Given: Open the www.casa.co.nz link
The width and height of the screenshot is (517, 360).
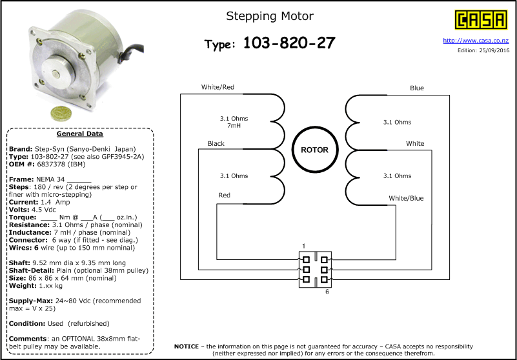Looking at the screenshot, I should click(476, 41).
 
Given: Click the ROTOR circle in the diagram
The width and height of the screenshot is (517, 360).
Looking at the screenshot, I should click(314, 150).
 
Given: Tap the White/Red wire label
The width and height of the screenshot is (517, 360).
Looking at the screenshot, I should click(218, 87).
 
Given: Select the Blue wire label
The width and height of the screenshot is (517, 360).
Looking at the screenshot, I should click(417, 88).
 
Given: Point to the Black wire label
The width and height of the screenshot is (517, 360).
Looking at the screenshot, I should click(216, 143).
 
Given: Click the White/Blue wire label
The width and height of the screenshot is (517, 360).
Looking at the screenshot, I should click(406, 198).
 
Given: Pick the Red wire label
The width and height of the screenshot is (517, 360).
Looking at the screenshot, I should click(224, 195).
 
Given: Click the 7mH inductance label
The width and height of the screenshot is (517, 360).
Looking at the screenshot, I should click(234, 126).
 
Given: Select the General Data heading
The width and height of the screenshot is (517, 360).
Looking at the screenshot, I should click(79, 134).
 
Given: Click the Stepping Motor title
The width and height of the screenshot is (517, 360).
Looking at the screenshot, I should click(270, 16).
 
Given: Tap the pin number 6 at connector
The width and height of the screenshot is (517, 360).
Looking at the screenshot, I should click(327, 292).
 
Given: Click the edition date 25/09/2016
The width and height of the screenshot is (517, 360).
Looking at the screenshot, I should click(492, 50).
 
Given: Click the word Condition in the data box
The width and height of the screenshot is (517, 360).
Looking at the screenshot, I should click(26, 323).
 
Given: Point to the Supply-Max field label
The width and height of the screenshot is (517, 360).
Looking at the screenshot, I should click(30, 301).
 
